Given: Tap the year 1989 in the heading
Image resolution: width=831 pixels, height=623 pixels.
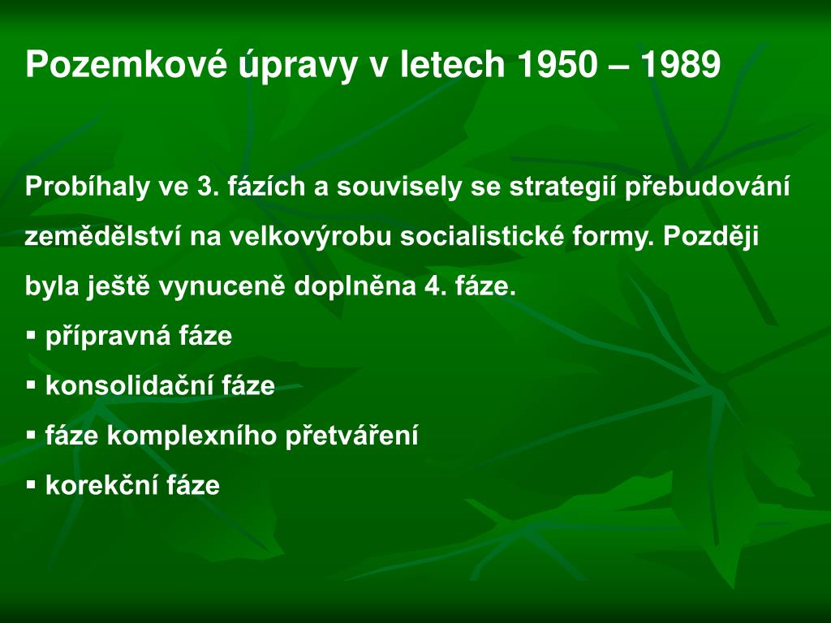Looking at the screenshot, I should point(679,65).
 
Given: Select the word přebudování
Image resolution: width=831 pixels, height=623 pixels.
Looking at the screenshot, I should point(707,187).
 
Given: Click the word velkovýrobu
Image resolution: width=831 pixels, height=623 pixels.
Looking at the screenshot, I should point(312,237).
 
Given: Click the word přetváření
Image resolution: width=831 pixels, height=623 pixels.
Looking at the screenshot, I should point(351,436).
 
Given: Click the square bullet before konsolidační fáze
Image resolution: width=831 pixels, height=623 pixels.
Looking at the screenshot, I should point(32,385).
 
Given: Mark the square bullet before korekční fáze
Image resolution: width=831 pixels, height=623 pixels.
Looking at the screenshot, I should point(32,485).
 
